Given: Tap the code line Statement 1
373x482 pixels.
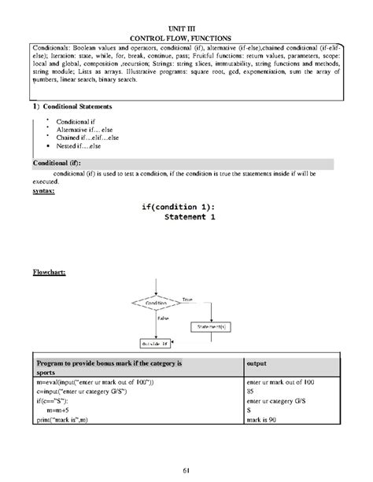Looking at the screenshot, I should point(187,217).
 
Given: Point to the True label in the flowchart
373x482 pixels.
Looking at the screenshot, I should point(187,299).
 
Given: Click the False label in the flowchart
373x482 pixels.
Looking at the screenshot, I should point(163,317).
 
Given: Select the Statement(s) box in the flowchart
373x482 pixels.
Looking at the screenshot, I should point(212,325).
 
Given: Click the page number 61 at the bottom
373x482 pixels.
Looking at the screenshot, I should point(187,469).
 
